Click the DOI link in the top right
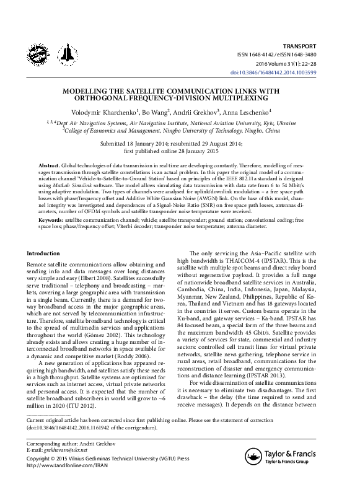[x=299, y=72]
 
